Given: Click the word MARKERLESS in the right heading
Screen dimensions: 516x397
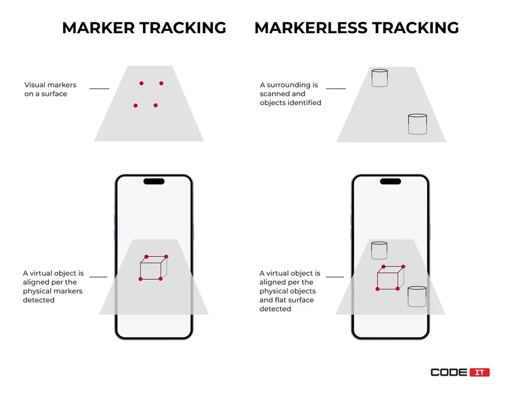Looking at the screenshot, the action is [311, 28].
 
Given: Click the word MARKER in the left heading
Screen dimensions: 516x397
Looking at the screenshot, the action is [98, 28].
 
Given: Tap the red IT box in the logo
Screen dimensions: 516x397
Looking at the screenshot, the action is [479, 372].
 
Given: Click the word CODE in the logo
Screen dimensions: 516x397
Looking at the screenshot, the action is [449, 372].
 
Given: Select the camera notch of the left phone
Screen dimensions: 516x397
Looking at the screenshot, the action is [154, 181].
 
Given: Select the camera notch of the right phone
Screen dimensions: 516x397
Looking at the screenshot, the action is [390, 181].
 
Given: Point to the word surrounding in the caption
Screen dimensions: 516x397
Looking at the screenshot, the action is [292, 85].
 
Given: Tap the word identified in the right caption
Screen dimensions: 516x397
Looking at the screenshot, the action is [306, 103].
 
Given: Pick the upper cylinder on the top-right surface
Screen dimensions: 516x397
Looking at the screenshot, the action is [380, 78].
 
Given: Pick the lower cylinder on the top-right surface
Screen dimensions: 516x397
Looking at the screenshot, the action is [418, 124].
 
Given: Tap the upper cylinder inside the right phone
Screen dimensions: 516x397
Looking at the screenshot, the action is [379, 250].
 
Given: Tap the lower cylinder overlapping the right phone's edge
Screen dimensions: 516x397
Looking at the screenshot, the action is [417, 297].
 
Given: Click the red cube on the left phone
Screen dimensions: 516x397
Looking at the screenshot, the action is [153, 268].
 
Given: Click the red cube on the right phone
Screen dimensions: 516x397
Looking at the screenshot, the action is [390, 278].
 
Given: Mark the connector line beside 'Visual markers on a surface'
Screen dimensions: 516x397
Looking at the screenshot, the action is [99, 89].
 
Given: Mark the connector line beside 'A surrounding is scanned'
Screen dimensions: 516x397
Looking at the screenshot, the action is [336, 89].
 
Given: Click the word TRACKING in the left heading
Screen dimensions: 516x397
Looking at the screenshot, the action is [184, 28].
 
